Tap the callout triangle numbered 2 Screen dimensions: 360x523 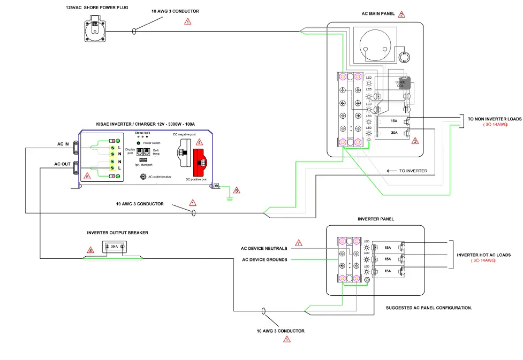coord(401,14)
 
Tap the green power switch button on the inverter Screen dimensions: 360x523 coord(139,143)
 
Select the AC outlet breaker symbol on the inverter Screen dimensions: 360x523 coord(143,177)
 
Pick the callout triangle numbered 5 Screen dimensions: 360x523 coord(88,176)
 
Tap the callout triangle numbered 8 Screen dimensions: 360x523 coord(90,250)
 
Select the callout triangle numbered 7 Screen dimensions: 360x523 coord(299,243)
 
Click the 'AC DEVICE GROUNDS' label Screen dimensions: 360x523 coord(264,260)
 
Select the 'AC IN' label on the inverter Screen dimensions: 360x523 coord(64,144)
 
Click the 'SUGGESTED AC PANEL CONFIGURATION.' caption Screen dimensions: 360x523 coord(428,309)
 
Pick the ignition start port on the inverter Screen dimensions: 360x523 coord(143,160)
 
